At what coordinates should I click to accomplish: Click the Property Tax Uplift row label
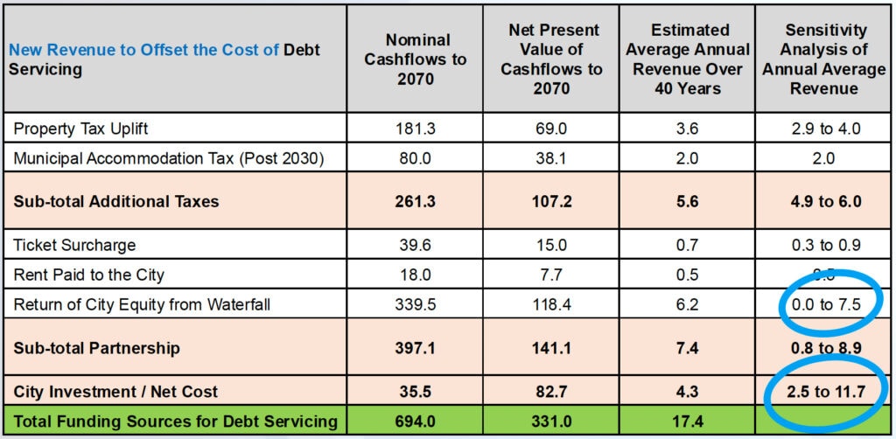tap(80, 129)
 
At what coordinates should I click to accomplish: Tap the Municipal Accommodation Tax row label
tap(168, 158)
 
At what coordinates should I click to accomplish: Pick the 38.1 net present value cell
tap(551, 158)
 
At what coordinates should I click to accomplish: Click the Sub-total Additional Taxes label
tap(115, 201)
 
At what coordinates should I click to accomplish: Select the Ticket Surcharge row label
tap(74, 245)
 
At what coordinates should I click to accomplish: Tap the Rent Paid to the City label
tap(88, 275)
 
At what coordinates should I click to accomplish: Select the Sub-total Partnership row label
tap(96, 348)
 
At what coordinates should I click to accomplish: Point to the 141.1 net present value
tap(551, 348)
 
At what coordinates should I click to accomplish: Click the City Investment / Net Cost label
tap(115, 391)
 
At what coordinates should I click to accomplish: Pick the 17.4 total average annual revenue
tap(688, 422)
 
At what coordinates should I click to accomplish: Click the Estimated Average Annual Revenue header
tap(688, 59)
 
